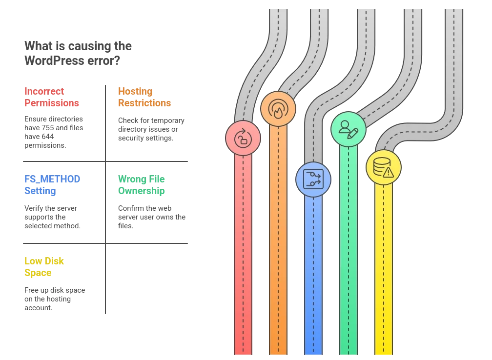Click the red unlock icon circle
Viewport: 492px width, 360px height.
tap(243, 138)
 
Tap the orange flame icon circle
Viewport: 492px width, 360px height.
tap(278, 109)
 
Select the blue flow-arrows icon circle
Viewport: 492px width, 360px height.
tap(313, 180)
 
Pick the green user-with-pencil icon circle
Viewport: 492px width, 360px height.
tap(348, 129)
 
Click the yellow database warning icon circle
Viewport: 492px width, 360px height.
tap(384, 167)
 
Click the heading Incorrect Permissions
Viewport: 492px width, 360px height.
tap(52, 97)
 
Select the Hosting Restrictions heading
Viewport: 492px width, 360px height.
tap(144, 97)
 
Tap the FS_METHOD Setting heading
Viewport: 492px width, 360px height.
tap(52, 185)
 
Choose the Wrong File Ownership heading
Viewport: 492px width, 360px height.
tap(141, 185)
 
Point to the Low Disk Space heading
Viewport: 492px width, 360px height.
tap(44, 266)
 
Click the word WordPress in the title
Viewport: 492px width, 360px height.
tap(54, 60)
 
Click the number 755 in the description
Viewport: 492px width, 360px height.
tap(48, 128)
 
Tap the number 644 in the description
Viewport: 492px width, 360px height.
tap(48, 137)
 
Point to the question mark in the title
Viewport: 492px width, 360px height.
tap(116, 60)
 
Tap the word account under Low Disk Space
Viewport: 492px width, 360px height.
tap(38, 308)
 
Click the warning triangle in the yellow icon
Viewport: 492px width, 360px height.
tap(389, 173)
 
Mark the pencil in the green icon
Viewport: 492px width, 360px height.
tap(353, 133)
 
